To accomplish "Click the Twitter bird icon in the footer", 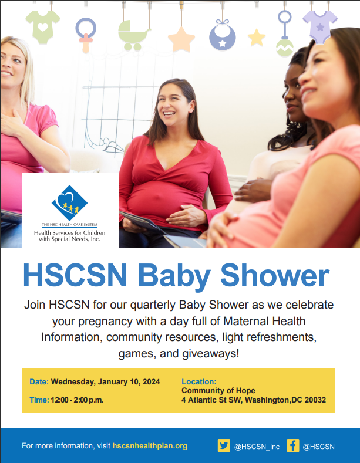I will [x=224, y=445].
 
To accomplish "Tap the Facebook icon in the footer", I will [x=292, y=445].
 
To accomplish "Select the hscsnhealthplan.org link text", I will [x=150, y=446].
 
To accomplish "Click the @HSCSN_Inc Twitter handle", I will [x=257, y=446].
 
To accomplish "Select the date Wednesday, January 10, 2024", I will [x=105, y=381].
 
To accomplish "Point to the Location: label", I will [x=199, y=381].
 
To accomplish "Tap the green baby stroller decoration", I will [x=133, y=35].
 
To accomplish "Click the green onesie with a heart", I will [x=42, y=27].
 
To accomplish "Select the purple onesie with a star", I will [x=319, y=26].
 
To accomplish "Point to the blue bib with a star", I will [x=223, y=35].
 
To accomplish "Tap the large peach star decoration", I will [x=181, y=39].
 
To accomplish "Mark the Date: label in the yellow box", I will [x=39, y=381].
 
